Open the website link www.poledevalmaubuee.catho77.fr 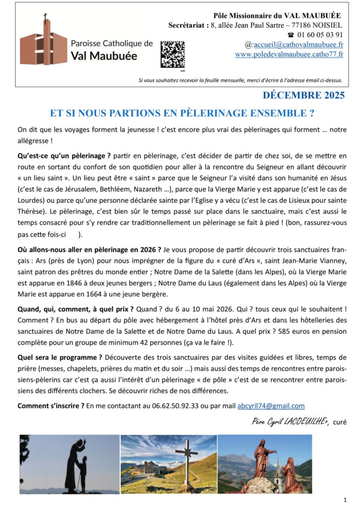click(289, 54)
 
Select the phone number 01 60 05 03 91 click(321, 35)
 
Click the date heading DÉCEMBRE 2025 click(303, 95)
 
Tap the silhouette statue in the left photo click(74, 464)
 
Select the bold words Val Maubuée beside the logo click(104, 56)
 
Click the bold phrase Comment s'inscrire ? click(50, 406)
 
